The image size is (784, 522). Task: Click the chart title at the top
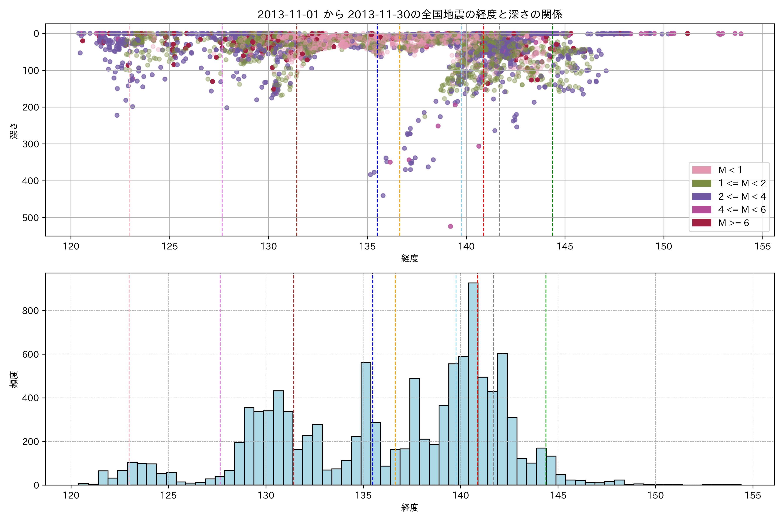410,14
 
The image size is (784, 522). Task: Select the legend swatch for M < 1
702,170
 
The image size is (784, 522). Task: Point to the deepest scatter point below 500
450,226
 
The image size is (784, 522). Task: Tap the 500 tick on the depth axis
31,218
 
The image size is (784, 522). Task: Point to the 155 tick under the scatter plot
763,247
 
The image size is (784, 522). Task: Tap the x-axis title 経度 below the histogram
410,508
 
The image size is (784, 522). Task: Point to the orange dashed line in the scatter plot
400,133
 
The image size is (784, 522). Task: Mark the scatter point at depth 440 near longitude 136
383,195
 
